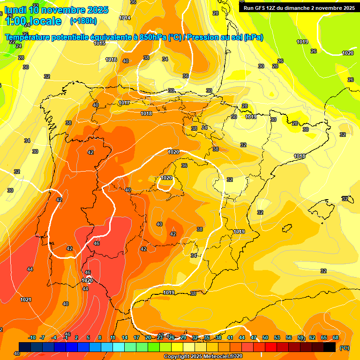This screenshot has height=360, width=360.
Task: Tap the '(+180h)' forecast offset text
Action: pyautogui.click(x=83, y=21)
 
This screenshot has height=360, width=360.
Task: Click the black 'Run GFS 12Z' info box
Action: pyautogui.click(x=299, y=8)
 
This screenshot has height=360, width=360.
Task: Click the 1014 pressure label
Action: pyautogui.click(x=125, y=18)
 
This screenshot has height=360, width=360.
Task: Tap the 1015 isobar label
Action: pyautogui.click(x=99, y=43)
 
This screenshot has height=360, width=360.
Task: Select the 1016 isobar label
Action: pyautogui.click(x=111, y=60)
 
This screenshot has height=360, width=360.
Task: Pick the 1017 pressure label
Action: pyautogui.click(x=124, y=103)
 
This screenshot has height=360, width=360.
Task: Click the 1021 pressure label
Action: pyautogui.click(x=26, y=300)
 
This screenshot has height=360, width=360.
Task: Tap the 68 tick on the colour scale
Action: pyautogui.click(x=336, y=337)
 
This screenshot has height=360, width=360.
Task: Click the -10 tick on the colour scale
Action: pyautogui.click(x=32, y=337)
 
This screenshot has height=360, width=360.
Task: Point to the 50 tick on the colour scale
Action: pyautogui.click(x=265, y=337)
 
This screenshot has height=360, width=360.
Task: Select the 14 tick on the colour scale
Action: pyautogui.click(x=125, y=337)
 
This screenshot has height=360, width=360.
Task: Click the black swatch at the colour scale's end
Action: pyautogui.click(x=330, y=346)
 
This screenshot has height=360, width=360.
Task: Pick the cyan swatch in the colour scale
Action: pyautogui.click(x=119, y=346)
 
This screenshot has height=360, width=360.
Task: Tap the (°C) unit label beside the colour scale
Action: pyautogui.click(x=345, y=347)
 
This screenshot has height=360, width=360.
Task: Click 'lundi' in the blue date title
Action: pyautogui.click(x=15, y=10)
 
